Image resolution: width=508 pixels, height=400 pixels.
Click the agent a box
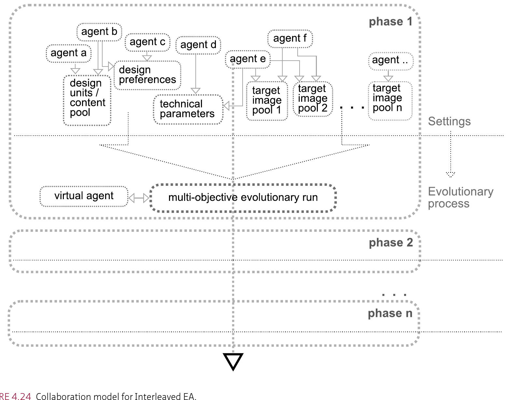(68, 53)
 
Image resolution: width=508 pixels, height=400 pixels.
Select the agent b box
(99, 32)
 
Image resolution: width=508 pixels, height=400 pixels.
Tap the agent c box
(148, 42)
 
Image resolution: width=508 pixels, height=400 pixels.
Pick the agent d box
(198, 45)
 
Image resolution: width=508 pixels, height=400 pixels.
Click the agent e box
(248, 59)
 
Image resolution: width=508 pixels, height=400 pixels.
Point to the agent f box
(290, 38)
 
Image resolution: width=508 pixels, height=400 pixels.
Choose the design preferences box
(147, 75)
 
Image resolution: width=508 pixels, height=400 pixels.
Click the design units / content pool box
(87, 100)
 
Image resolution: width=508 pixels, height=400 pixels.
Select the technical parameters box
(188, 109)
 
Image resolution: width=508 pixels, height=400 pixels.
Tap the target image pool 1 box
(267, 101)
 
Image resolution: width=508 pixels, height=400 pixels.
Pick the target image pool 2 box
(313, 98)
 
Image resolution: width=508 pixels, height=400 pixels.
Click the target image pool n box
(390, 101)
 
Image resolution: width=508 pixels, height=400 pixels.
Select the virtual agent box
(84, 196)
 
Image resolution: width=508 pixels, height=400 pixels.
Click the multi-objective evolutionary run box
(243, 198)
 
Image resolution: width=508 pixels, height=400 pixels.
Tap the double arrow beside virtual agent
(139, 198)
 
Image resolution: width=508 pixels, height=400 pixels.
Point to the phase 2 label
(391, 243)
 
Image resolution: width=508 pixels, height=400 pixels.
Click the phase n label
(390, 314)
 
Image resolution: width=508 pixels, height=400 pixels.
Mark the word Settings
(449, 122)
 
